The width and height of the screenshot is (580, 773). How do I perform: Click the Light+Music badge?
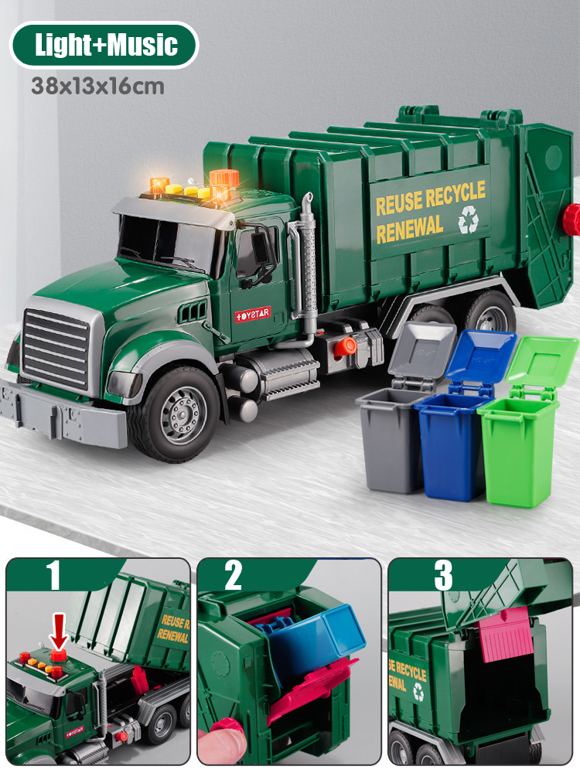point(104,46)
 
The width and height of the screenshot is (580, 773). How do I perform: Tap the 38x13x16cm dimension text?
point(98,87)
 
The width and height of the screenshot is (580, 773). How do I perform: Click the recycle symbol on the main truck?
point(468,221)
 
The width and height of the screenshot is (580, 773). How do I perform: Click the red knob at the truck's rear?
point(571,220)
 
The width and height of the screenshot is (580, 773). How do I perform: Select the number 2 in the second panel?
point(233,577)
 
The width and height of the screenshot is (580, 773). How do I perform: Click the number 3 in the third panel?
point(443,577)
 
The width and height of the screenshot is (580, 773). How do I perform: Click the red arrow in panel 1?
point(59,629)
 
